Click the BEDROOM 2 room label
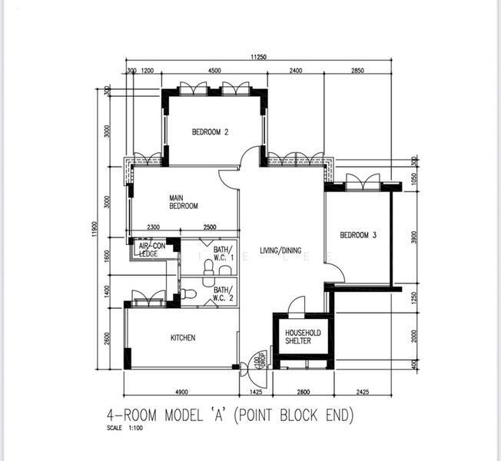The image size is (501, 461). click(210, 132)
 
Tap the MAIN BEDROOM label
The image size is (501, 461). click(184, 202)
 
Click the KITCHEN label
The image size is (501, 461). click(182, 338)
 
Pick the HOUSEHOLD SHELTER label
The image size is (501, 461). click(303, 337)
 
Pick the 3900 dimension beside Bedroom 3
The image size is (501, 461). click(413, 237)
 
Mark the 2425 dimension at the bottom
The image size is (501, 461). click(363, 393)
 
